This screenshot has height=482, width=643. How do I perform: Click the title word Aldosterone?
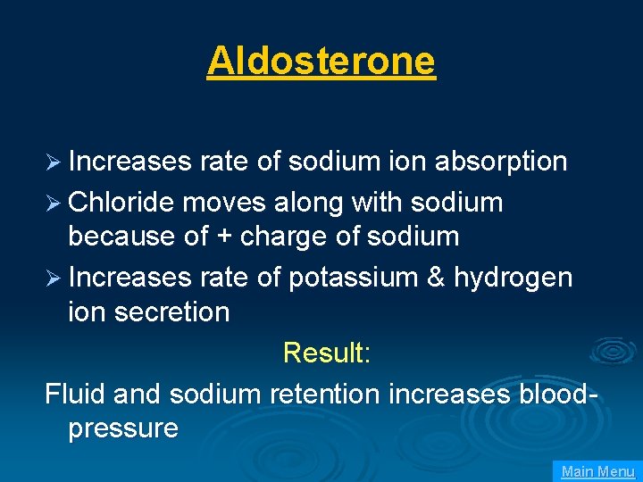321,61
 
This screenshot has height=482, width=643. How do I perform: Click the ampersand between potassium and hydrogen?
436,278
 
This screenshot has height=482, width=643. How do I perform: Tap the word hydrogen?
513,278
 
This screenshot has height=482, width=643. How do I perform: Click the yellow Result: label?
326,353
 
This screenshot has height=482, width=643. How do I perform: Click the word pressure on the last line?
123,428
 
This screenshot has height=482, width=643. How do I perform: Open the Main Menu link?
597,471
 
